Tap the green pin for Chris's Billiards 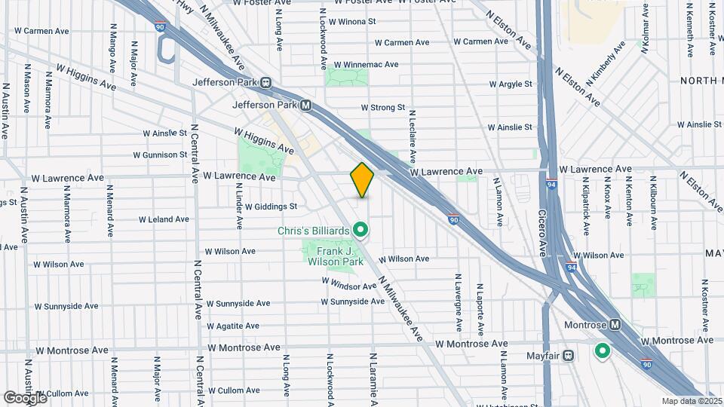[x=361, y=228]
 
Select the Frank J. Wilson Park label [x=334, y=256]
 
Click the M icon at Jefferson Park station [x=305, y=106]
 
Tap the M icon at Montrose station [x=615, y=325]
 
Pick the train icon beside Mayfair [x=568, y=355]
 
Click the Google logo [x=24, y=397]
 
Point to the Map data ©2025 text [x=691, y=400]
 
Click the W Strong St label [x=383, y=108]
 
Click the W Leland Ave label [x=164, y=219]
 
